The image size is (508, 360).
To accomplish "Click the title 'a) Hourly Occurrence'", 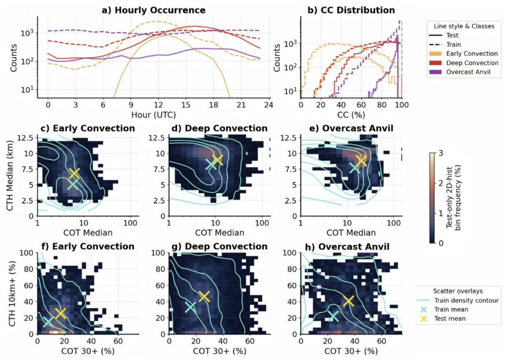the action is [153, 10].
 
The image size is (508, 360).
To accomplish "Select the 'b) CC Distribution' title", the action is [351, 10].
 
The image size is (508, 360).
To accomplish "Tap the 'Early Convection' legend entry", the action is [464, 54].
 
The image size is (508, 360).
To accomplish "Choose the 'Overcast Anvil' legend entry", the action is [460, 72].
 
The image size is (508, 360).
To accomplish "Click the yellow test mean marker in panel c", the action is [74, 173].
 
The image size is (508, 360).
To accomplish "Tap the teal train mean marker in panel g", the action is [190, 307].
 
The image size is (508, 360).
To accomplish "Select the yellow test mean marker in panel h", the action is [348, 301].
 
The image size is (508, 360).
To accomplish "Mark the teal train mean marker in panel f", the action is [48, 321].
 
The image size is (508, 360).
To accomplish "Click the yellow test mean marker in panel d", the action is [217, 160].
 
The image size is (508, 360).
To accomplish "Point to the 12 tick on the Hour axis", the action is [158, 105].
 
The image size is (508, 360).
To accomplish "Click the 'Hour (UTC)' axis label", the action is [153, 115].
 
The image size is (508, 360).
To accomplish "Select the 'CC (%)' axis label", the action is [351, 115].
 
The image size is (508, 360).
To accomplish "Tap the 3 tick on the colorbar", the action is [441, 153].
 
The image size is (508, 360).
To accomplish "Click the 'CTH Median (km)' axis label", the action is [10, 175].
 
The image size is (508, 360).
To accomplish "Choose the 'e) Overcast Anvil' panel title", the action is [351, 128].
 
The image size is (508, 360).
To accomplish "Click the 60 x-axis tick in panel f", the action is [118, 341].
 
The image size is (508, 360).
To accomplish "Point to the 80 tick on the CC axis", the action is [382, 105].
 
